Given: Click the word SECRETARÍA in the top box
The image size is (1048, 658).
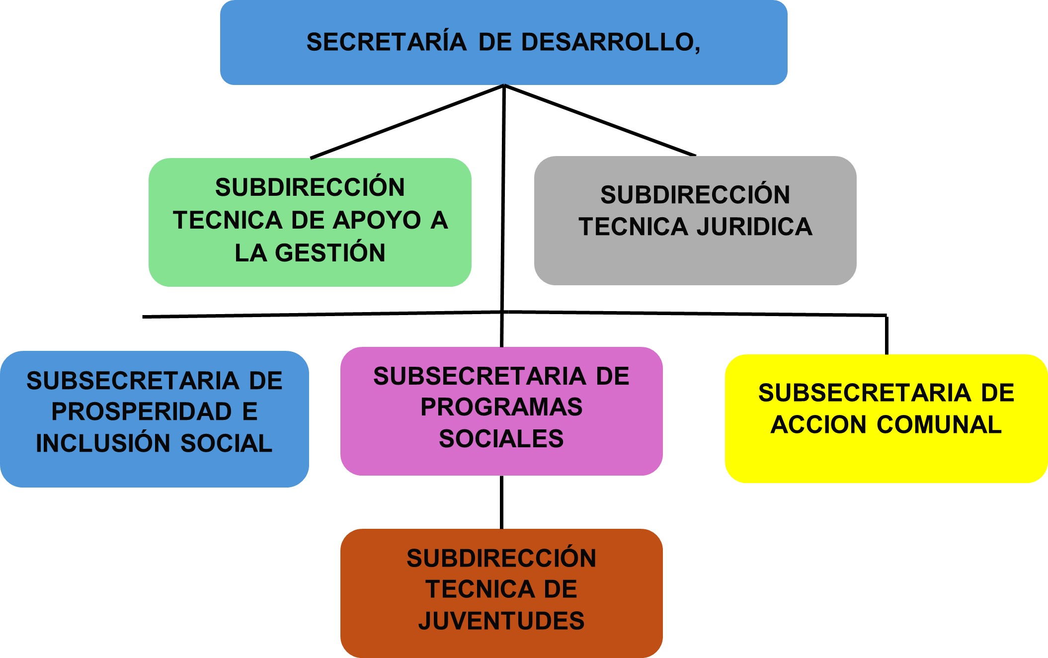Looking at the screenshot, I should (x=386, y=42).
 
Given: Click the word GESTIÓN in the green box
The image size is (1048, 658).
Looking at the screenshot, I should (x=330, y=252).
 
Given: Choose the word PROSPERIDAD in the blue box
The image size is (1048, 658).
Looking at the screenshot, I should (x=142, y=411).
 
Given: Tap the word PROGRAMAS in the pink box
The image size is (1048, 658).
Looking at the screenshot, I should (x=501, y=407).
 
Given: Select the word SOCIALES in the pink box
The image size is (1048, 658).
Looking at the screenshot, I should (x=501, y=438).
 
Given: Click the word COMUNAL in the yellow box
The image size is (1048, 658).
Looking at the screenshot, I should (x=939, y=424).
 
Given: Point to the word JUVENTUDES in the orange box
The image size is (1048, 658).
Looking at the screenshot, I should (x=501, y=621).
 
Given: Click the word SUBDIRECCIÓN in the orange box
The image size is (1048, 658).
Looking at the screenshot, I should (x=501, y=558).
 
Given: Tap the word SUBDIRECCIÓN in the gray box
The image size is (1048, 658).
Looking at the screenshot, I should (x=695, y=194).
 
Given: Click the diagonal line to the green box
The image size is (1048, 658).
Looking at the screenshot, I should (x=407, y=122).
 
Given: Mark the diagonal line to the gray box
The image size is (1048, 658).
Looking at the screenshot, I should (x=600, y=120).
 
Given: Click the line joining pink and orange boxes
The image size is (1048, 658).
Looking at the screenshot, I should (x=501, y=502).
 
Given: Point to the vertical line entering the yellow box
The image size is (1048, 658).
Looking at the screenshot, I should (x=887, y=335).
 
